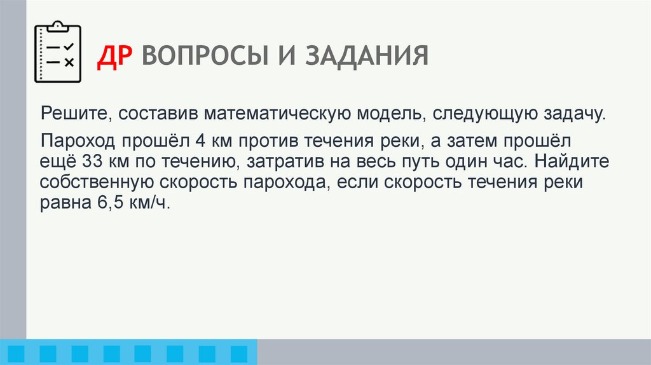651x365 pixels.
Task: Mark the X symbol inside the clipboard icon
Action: point(69,62)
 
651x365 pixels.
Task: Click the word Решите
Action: point(67,115)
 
